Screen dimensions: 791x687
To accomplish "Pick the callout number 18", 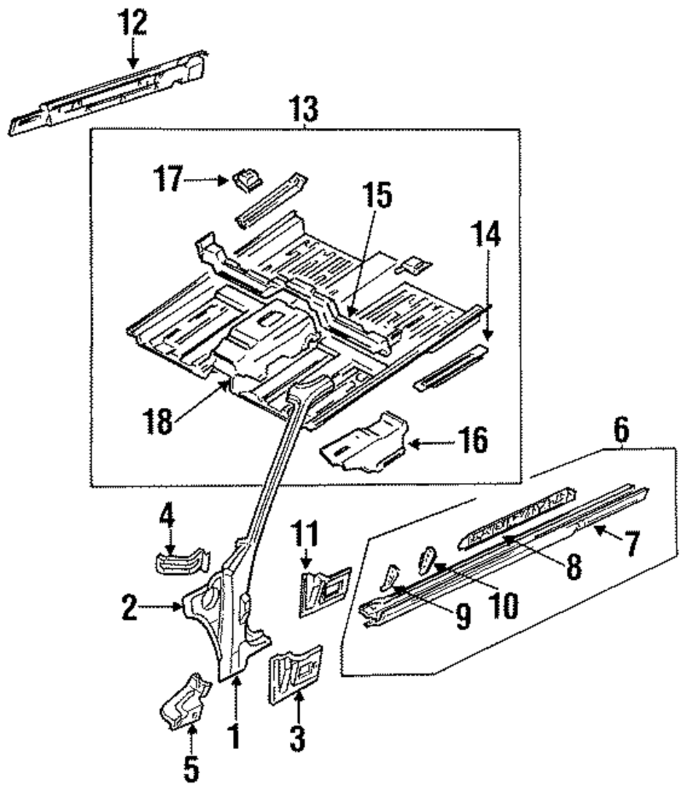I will (x=158, y=420).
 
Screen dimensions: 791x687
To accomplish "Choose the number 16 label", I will (x=473, y=440).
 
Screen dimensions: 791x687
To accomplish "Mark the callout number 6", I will (x=620, y=433).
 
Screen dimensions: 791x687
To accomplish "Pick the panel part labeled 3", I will (x=295, y=675).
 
